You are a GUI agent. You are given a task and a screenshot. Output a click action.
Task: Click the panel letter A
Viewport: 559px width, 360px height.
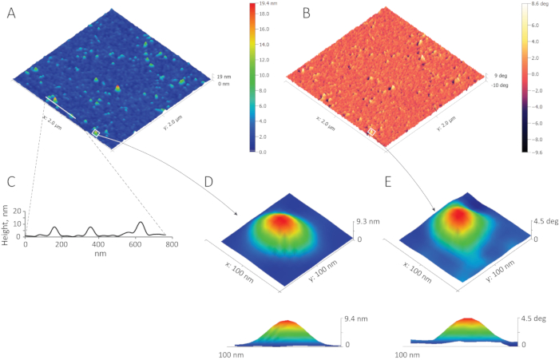tap(11, 13)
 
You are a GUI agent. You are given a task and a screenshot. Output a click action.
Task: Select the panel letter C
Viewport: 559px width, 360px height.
tap(11, 182)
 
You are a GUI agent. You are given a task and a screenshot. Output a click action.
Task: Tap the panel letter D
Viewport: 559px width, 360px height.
tap(208, 182)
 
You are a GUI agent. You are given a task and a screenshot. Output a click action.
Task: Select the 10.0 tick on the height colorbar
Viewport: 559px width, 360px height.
tap(265, 74)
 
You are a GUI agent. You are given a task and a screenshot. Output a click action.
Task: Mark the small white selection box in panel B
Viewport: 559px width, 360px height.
tap(371, 129)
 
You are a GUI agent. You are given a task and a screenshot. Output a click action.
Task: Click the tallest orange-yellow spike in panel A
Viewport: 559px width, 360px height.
tap(117, 88)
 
